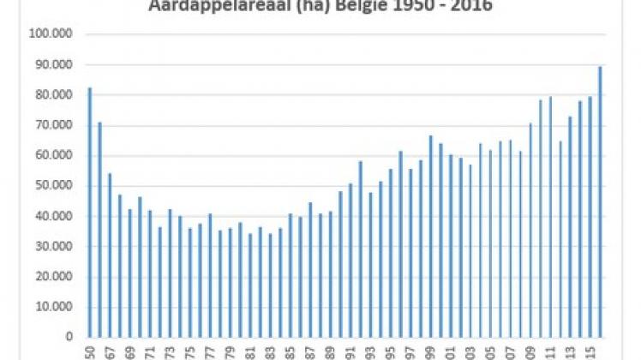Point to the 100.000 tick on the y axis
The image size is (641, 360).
click(x=52, y=35)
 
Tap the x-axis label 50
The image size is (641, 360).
click(x=89, y=351)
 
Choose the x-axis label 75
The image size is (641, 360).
click(x=189, y=351)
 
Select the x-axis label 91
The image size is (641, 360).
click(x=350, y=351)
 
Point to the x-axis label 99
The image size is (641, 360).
click(x=430, y=351)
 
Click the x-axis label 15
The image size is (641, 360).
click(x=590, y=351)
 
